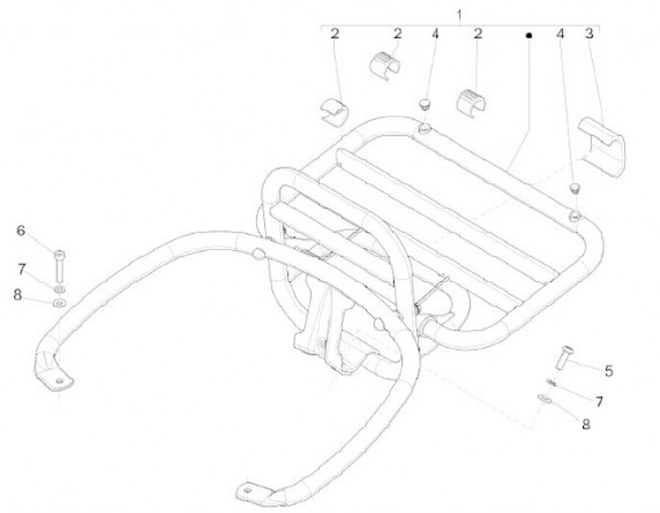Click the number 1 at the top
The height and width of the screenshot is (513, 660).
pyautogui.click(x=460, y=13)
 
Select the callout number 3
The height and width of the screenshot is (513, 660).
pyautogui.click(x=589, y=34)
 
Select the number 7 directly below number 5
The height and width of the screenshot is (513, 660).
pyautogui.click(x=598, y=401)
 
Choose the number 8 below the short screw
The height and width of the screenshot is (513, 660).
pyautogui.click(x=586, y=424)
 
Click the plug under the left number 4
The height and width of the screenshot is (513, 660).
pyautogui.click(x=425, y=105)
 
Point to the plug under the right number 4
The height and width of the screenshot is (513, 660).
pyautogui.click(x=575, y=188)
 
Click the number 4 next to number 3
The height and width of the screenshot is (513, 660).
pyautogui.click(x=559, y=34)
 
